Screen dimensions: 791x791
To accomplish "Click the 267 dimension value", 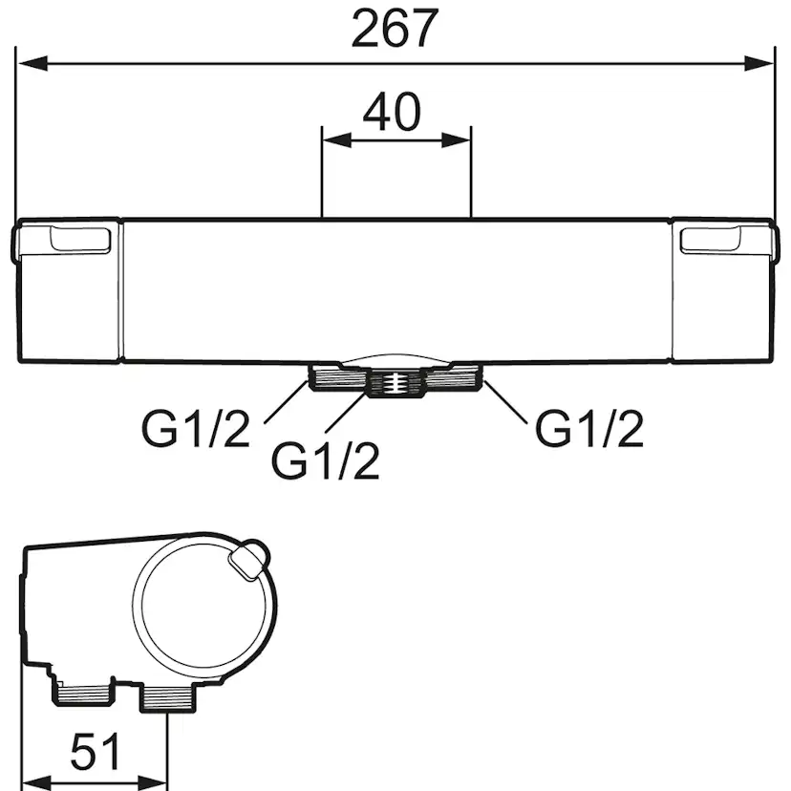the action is point(395,30).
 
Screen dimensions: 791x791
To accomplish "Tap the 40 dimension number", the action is point(392,112).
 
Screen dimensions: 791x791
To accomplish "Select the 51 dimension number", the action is point(96,751).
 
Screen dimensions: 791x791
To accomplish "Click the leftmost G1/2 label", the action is point(196,428).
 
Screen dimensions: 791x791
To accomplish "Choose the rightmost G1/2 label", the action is point(589,428).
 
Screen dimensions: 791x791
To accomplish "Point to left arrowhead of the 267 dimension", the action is point(32,64).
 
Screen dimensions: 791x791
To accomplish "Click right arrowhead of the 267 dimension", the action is point(759,64).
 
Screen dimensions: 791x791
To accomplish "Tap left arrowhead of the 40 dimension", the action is point(337,140).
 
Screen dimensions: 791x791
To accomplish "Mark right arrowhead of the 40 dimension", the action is point(456,140).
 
